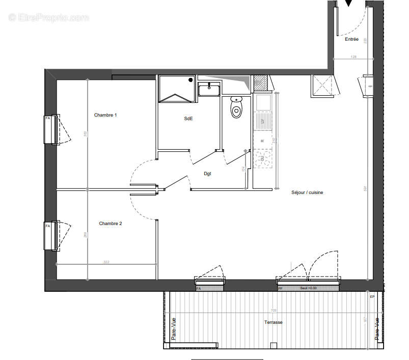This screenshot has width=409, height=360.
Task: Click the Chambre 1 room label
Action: pos(105,115)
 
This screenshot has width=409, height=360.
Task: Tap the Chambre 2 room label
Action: pos(111,224)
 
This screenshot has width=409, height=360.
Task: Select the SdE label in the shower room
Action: pos(188,119)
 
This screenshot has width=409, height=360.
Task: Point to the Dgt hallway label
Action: pos(208,174)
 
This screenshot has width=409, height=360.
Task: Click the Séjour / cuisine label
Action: pos(307,192)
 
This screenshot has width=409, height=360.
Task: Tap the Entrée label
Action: pos(351,39)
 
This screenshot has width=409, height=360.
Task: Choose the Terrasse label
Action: pos(273,322)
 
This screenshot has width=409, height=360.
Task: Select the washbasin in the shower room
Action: pos(209,90)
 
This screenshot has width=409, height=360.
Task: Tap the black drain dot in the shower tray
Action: pos(190,80)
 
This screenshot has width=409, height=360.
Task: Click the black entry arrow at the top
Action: pos(348,4)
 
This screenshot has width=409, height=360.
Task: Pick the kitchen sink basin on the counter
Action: pos(263,103)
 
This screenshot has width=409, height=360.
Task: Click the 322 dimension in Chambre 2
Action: pos(106,262)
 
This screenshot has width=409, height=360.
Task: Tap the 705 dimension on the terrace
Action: pos(273,310)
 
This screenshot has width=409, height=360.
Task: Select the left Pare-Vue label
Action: pos(174,329)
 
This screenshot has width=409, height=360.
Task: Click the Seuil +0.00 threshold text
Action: pos(308,288)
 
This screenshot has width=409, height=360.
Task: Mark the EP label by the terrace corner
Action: pos(372,296)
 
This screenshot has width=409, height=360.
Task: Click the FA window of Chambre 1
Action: pos(50,129)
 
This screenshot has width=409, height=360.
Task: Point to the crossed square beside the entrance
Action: pos(322,85)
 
